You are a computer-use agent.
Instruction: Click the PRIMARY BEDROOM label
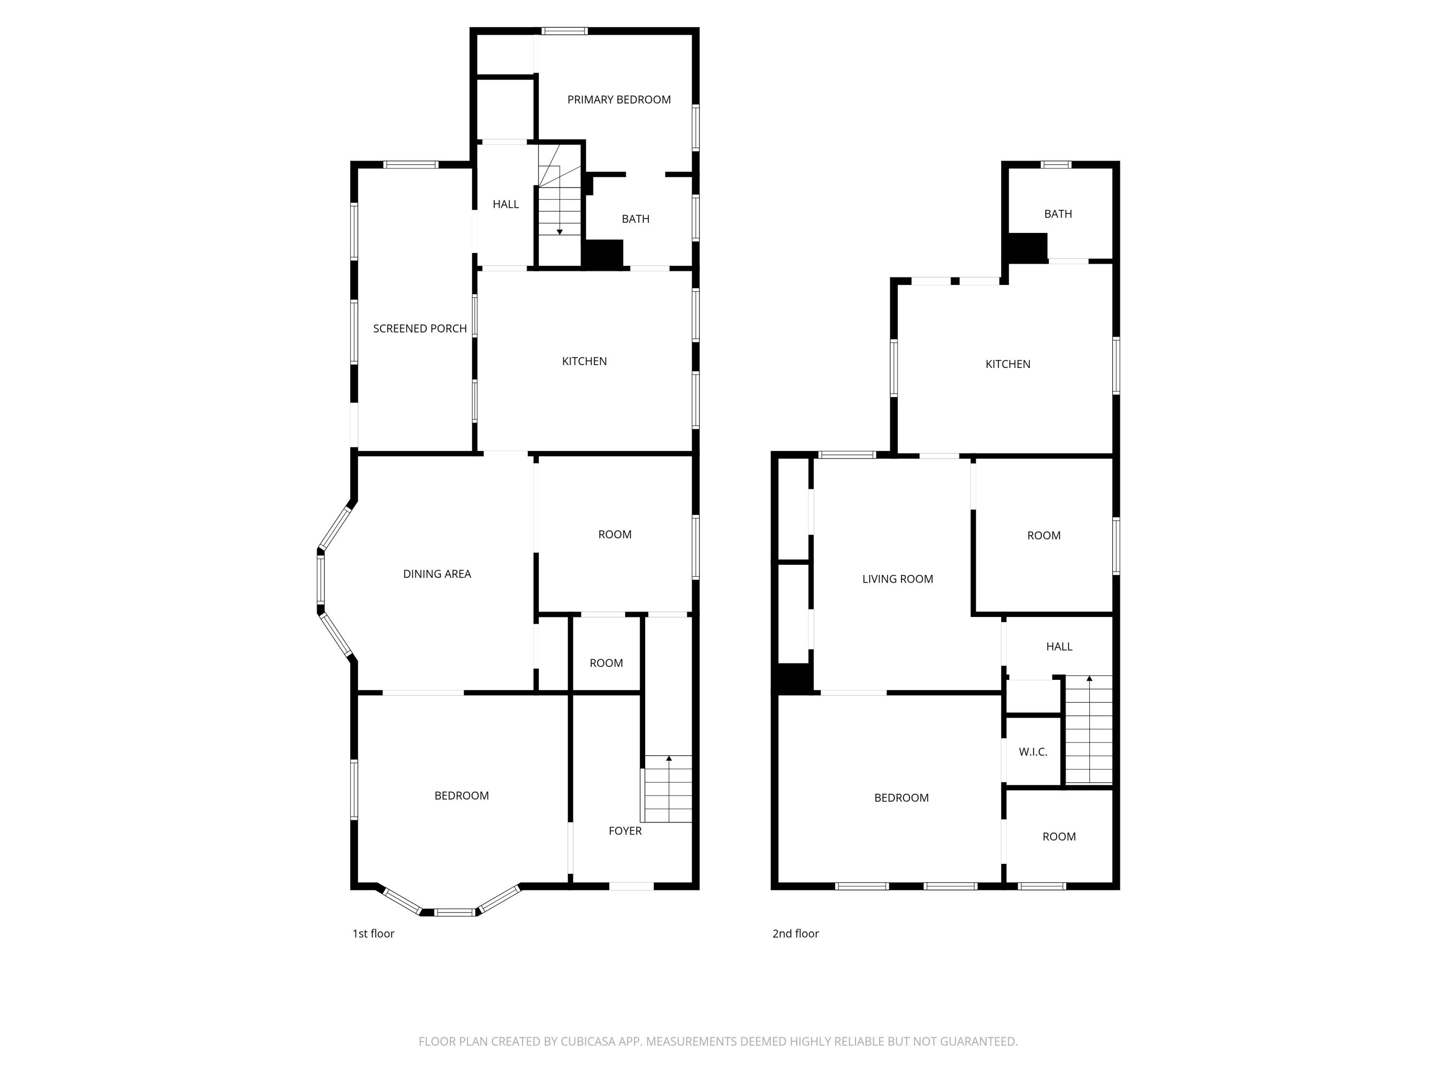618,100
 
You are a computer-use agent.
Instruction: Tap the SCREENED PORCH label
420,329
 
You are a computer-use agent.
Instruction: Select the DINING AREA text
436,574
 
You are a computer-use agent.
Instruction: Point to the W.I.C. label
1033,752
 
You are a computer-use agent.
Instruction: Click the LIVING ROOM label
897,579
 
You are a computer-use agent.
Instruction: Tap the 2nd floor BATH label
1058,214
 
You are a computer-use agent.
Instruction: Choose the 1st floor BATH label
635,219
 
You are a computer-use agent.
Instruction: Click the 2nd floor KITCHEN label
1008,364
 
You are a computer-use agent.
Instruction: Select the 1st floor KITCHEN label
584,361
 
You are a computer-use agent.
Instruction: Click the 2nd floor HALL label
1059,646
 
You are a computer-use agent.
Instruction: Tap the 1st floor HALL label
505,204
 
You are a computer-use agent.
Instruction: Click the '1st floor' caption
373,934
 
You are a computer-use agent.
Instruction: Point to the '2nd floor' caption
795,934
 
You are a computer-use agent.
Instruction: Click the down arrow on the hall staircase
559,231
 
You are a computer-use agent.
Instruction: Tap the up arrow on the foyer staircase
669,758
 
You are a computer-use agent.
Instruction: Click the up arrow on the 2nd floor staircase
1089,678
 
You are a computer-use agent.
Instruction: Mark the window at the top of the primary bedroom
565,31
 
